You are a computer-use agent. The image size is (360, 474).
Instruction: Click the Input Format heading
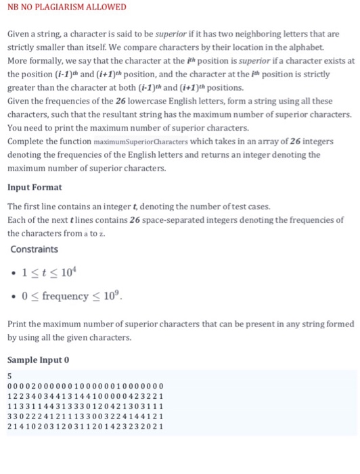click(x=35, y=187)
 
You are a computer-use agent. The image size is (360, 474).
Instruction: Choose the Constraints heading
click(x=35, y=249)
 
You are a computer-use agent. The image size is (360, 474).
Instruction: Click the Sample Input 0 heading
click(x=39, y=359)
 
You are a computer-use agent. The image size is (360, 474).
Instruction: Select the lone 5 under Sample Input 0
click(x=9, y=376)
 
